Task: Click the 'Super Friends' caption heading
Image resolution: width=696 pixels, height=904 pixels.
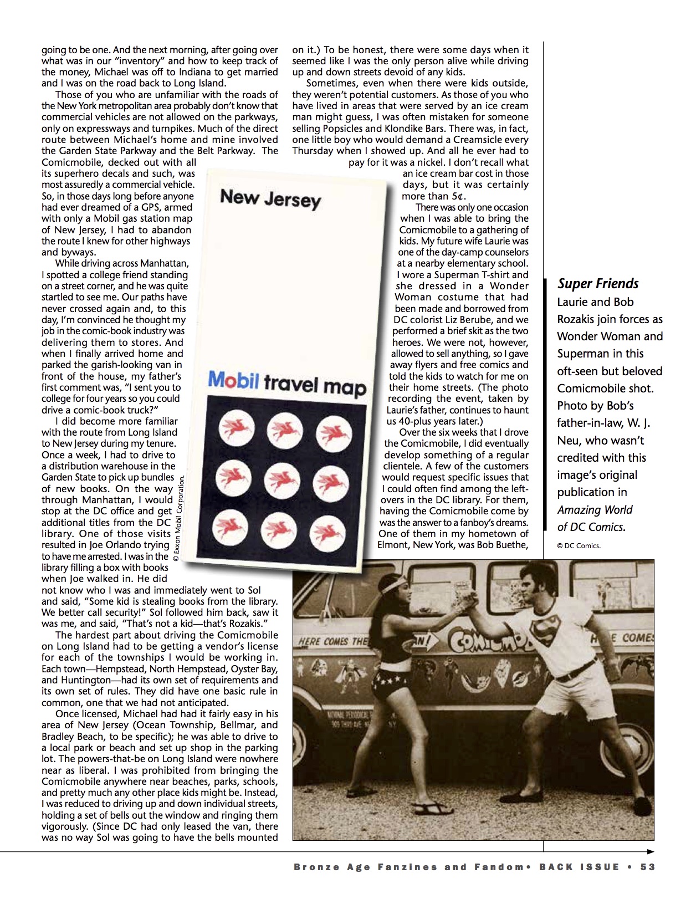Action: click(598, 284)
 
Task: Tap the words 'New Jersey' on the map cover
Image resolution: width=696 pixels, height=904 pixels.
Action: click(270, 198)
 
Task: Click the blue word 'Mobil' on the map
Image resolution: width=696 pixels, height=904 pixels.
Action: click(233, 380)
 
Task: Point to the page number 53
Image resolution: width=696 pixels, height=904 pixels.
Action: click(647, 867)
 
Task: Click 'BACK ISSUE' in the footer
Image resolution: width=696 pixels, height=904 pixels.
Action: click(579, 867)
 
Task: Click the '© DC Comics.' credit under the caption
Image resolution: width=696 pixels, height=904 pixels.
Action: click(579, 545)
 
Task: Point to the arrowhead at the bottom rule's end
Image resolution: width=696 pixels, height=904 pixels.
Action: click(651, 851)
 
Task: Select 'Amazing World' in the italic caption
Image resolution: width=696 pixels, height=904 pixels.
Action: click(595, 510)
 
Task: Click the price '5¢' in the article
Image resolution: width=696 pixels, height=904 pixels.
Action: click(458, 196)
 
